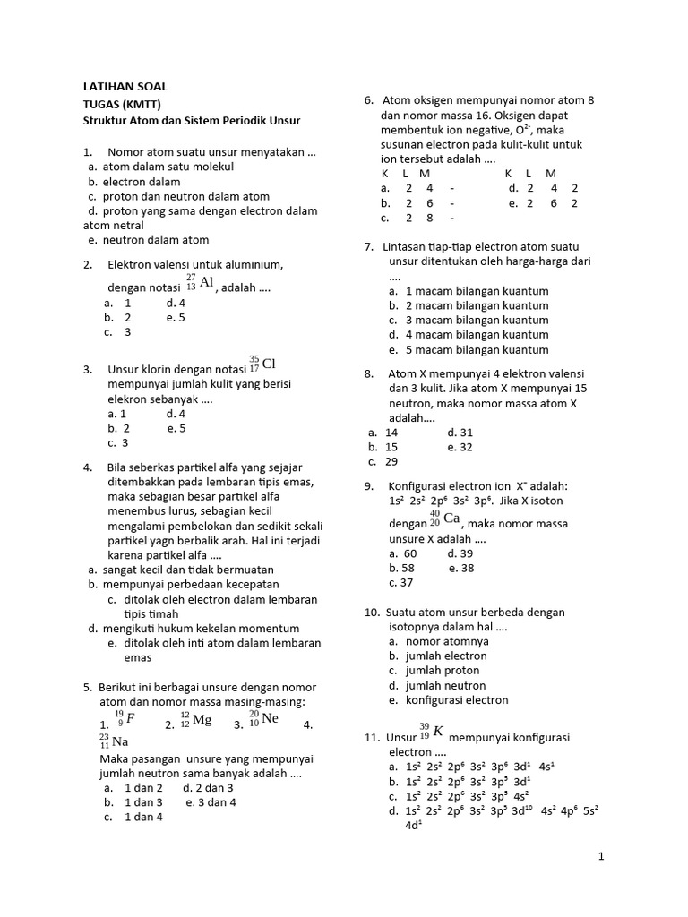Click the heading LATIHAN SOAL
coord(125,86)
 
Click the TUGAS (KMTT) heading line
coord(117,103)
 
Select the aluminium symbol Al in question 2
coord(206,283)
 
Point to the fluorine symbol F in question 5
coord(131,718)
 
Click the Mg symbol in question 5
coord(202,719)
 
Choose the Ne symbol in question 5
coord(270,719)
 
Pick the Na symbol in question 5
coord(120,741)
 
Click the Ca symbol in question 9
coord(451,518)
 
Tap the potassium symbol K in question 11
coord(438,731)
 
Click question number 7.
coord(369,246)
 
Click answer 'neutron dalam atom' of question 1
coord(155,240)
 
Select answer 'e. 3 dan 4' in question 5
coord(211,802)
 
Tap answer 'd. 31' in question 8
coord(460,432)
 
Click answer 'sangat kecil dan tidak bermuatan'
coord(187,570)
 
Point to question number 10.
coord(372,613)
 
